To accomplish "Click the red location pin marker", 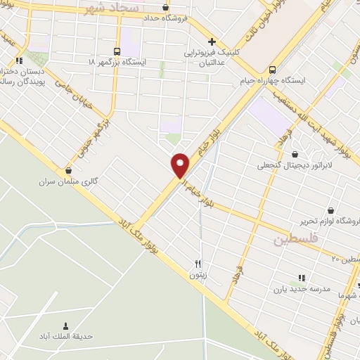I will (x=181, y=165).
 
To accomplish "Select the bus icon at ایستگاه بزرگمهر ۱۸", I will (x=117, y=51).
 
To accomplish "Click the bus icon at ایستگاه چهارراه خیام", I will (x=273, y=69).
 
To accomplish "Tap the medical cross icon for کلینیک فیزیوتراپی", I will (x=212, y=41).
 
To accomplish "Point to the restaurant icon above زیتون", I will (x=198, y=264).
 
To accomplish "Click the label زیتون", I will (x=198, y=276).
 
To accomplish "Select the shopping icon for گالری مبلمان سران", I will (x=68, y=170).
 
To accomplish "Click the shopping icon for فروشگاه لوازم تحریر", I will (x=330, y=210).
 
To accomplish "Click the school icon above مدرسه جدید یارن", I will (x=302, y=278).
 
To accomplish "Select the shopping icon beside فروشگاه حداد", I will (x=165, y=8).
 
